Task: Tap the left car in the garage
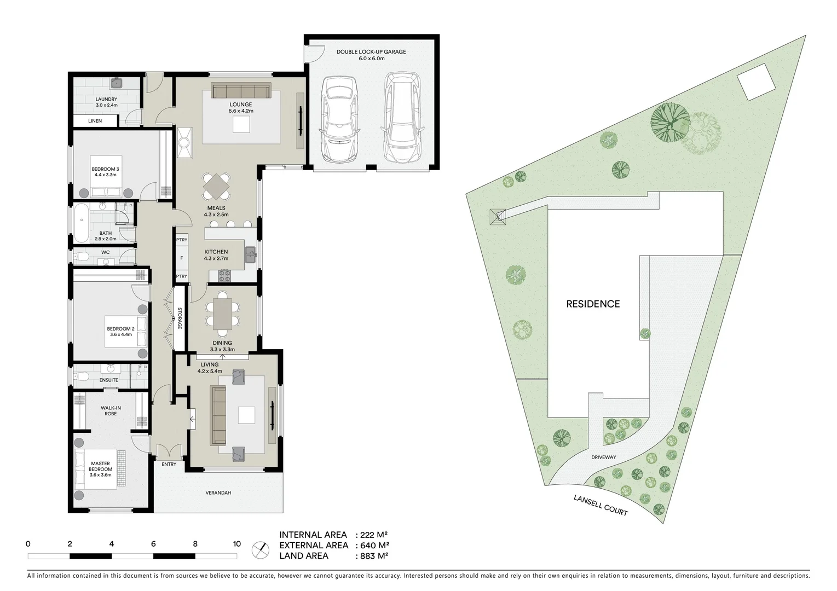point(339,118)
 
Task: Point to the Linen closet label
point(95,121)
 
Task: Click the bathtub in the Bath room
point(81,222)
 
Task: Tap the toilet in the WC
point(82,256)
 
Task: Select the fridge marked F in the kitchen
point(181,258)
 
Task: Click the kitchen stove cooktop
point(224,275)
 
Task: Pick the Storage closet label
point(180,318)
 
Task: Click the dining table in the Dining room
point(222,314)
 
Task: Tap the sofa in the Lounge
point(241,90)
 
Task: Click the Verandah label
point(218,493)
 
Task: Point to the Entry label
point(169,464)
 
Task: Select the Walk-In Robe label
point(111,410)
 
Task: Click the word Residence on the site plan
point(593,304)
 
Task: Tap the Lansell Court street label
point(601,505)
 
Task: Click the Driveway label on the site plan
point(603,457)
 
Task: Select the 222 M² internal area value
point(374,535)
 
